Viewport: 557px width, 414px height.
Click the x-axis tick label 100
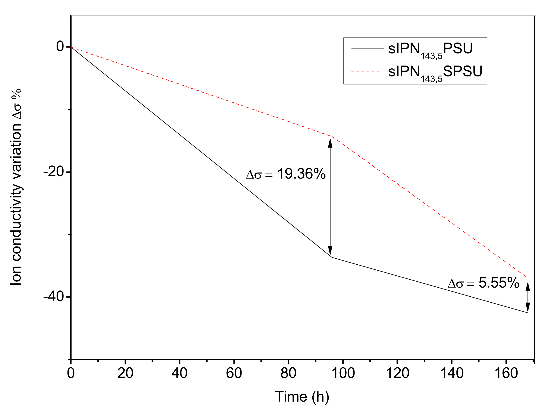[343, 373]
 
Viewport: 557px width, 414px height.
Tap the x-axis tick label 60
[234, 373]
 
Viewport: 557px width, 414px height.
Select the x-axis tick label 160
[506, 373]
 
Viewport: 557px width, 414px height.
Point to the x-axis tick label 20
[125, 373]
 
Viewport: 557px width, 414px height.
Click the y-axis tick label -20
[53, 172]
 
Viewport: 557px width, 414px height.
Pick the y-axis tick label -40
[53, 297]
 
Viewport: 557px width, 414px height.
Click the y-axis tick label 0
[60, 46]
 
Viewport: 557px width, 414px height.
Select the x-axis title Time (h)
[302, 397]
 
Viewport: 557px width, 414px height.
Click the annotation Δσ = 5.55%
[483, 283]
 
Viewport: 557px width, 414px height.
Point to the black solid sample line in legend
[368, 48]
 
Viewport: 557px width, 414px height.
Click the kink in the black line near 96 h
[332, 257]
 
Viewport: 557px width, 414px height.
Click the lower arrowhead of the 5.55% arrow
[528, 307]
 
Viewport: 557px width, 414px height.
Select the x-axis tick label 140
[452, 373]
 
